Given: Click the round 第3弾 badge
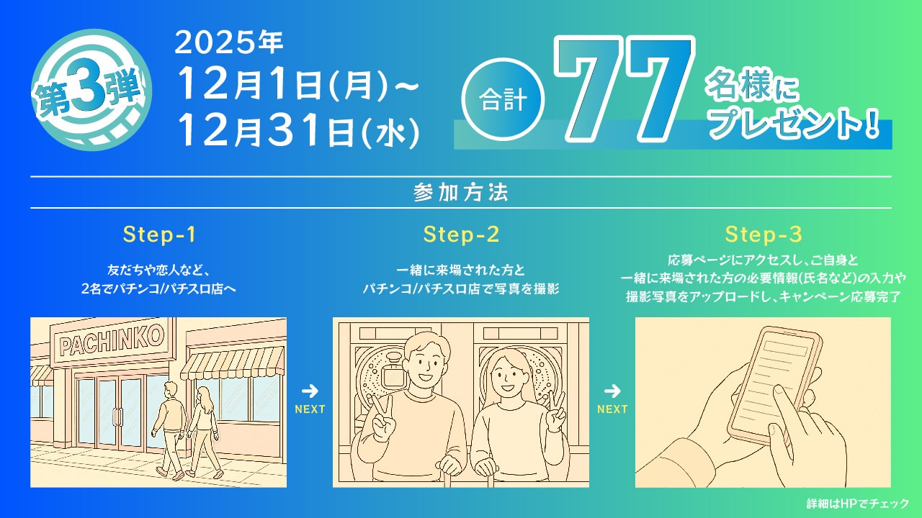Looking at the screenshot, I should (x=91, y=91).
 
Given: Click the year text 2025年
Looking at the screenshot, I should (x=228, y=45).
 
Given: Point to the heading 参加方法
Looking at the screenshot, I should (x=461, y=193).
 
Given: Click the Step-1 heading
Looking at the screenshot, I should (x=159, y=235).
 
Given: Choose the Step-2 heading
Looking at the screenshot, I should (x=461, y=235).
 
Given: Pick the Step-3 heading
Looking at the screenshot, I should (x=764, y=235).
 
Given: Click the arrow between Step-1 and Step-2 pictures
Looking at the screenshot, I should (x=310, y=391).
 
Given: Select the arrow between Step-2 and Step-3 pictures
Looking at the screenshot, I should (x=612, y=391).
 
